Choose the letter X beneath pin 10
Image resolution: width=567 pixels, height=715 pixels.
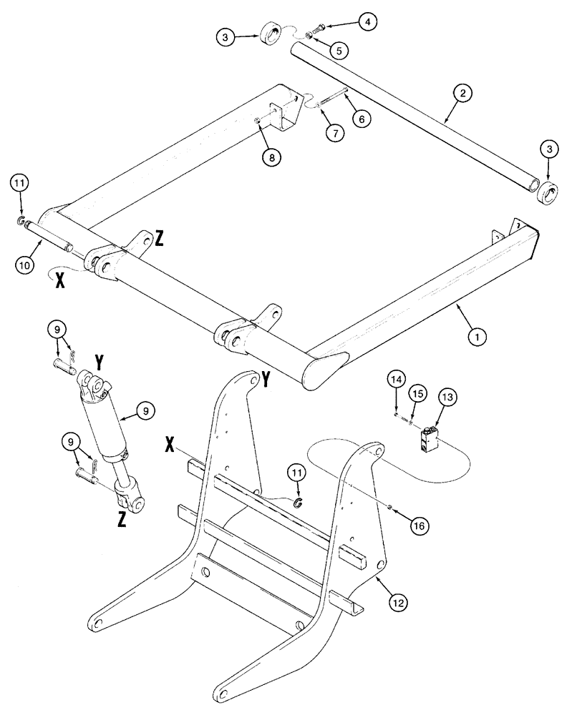pos(59,280)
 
